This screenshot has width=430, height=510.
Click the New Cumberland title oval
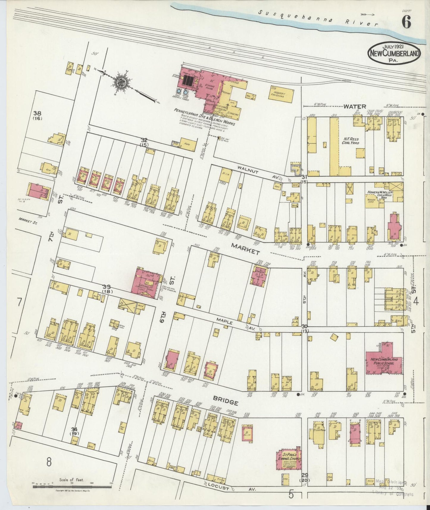point(395,53)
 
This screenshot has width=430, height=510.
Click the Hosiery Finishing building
point(281,94)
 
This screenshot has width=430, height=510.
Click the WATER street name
point(355,106)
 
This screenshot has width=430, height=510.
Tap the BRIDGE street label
point(226,402)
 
